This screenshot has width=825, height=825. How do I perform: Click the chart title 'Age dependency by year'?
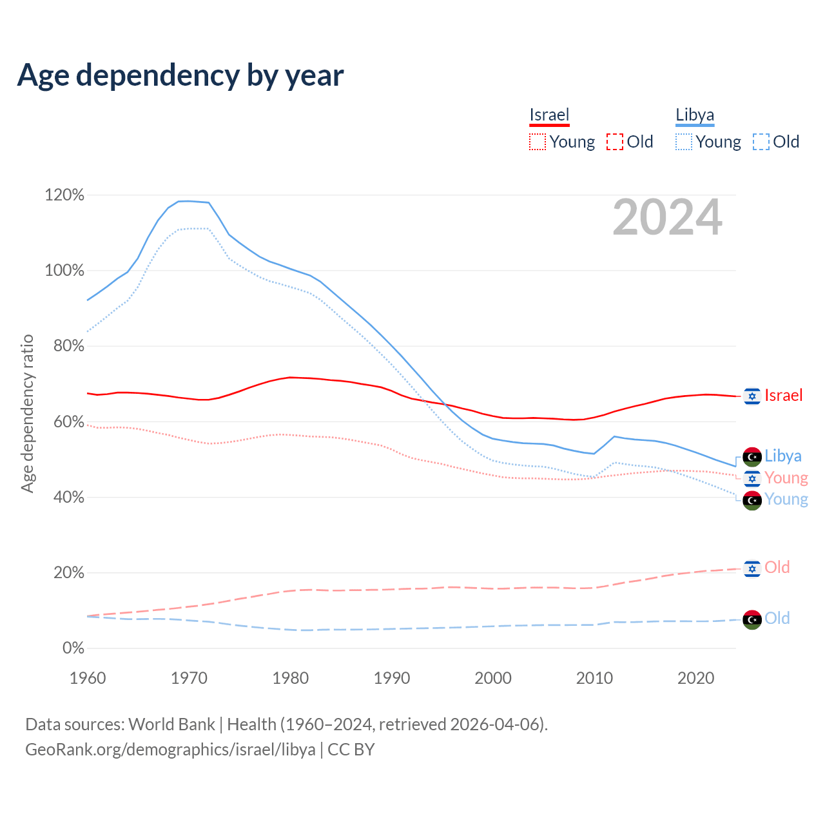click(180, 75)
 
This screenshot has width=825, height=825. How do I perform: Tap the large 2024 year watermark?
click(667, 217)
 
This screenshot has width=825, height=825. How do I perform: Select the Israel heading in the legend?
click(549, 115)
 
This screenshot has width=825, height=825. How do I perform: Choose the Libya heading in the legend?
click(695, 115)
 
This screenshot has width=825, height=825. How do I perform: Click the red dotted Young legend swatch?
click(537, 142)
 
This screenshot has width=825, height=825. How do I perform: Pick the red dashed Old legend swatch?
click(615, 142)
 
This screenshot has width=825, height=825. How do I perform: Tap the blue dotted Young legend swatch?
click(683, 142)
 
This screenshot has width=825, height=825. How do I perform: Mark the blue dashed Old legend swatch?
click(761, 142)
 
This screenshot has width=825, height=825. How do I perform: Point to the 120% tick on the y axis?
click(64, 195)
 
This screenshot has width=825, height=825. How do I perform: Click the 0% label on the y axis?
click(73, 648)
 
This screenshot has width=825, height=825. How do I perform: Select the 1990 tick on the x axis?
click(392, 678)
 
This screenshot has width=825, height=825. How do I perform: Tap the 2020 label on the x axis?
click(695, 678)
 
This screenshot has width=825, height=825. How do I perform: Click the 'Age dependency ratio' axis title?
click(27, 413)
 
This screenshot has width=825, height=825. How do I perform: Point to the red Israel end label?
click(783, 395)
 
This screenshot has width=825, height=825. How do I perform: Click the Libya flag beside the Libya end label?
click(752, 456)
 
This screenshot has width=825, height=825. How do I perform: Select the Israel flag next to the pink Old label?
click(752, 568)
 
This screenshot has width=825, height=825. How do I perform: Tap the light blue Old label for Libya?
click(777, 618)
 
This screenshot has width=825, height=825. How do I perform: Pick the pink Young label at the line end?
click(786, 478)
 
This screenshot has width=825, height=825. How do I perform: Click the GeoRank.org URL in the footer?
click(170, 750)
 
